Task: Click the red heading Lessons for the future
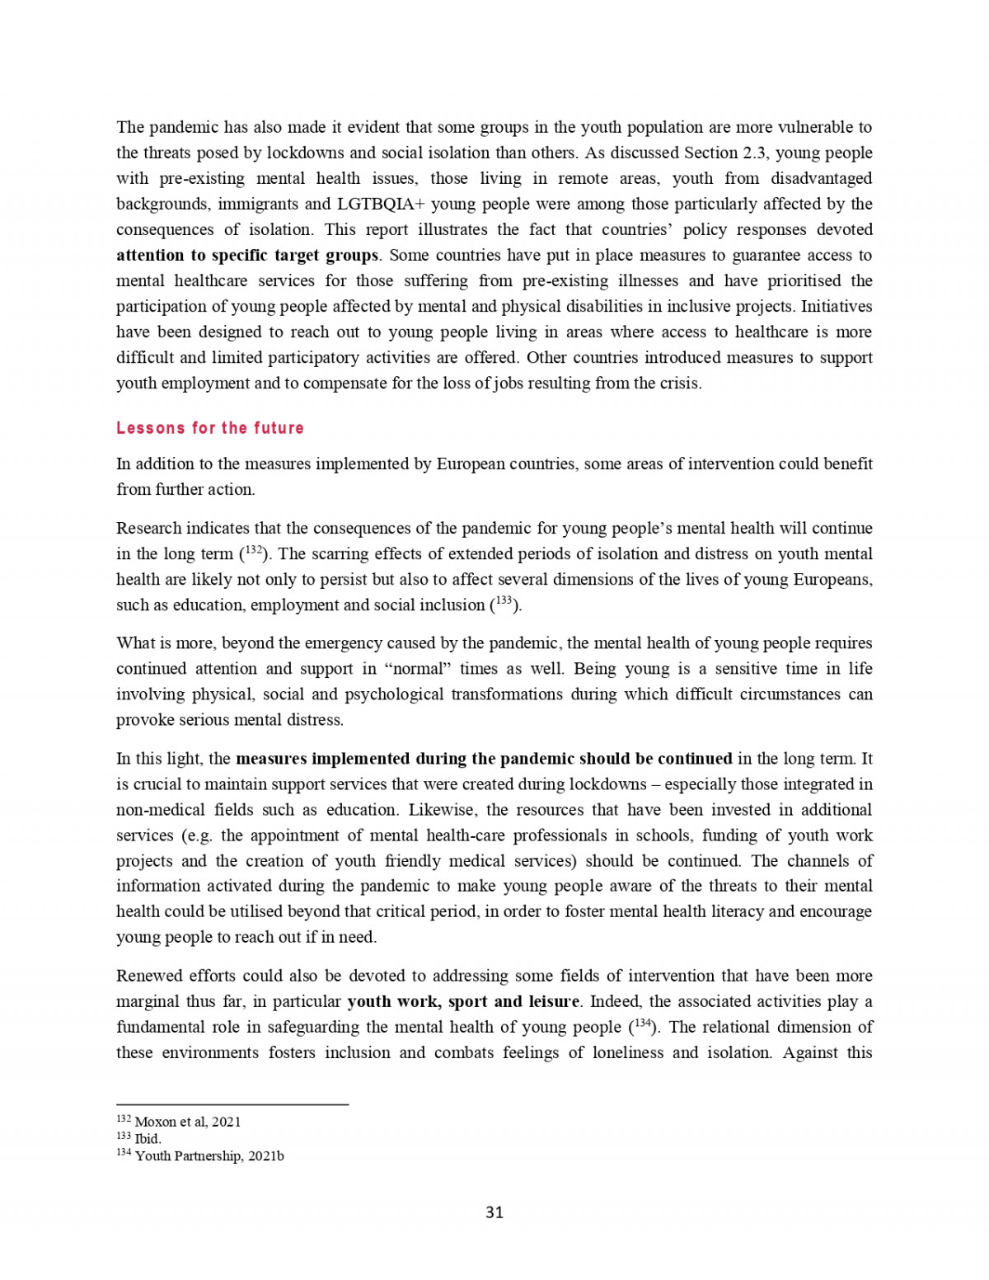(210, 428)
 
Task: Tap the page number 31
(494, 1212)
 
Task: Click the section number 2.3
(749, 153)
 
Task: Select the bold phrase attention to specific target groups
(247, 255)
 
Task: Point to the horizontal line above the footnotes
(232, 1104)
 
